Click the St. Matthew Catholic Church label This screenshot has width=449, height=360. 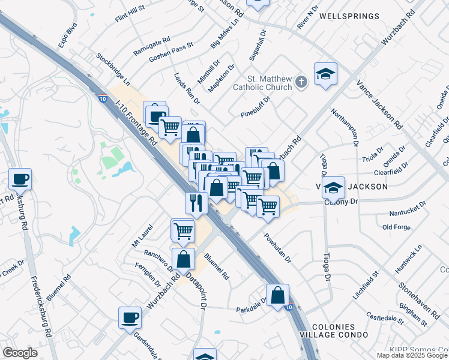[270, 84]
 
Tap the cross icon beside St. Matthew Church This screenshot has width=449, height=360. [302, 83]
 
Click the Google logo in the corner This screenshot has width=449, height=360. [20, 352]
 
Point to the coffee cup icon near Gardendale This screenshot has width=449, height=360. [130, 317]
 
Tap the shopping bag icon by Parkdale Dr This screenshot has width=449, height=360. [277, 295]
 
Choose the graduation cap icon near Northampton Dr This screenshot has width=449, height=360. [325, 74]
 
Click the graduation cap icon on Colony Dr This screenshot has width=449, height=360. [333, 188]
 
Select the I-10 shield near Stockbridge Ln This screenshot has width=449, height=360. [103, 98]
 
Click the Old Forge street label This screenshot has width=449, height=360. [396, 227]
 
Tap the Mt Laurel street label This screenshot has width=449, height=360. [143, 236]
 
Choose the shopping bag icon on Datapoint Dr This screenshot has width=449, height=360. [184, 260]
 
